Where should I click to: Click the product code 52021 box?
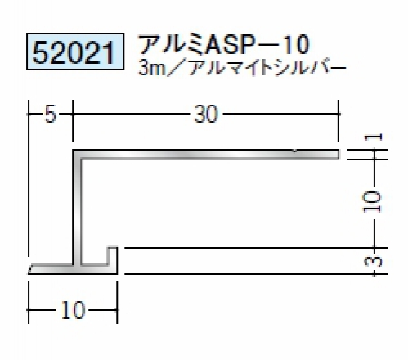[75, 52]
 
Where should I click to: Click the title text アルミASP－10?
[224, 44]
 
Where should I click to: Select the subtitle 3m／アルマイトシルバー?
[242, 67]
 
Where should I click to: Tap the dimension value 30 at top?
[206, 114]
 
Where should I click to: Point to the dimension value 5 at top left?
[51, 115]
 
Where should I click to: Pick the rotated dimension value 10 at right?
[373, 202]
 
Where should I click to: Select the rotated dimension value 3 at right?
[374, 261]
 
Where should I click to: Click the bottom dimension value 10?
[73, 310]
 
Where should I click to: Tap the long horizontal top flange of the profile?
[207, 155]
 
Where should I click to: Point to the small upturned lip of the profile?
[113, 256]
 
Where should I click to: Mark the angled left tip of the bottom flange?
[29, 273]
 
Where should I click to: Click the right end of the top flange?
[340, 155]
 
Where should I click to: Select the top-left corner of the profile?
[73, 150]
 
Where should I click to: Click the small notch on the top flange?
[295, 151]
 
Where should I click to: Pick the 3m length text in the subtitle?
[151, 68]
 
